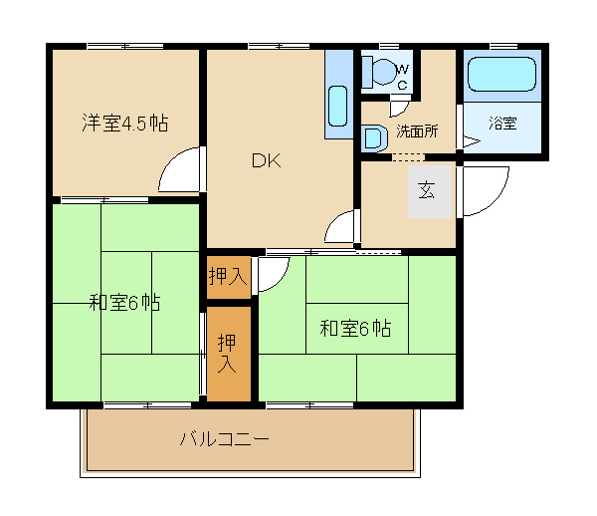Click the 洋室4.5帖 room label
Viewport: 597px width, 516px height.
pos(125,124)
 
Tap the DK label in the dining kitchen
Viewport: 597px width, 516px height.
pos(266,160)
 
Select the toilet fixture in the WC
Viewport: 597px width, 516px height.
pos(379,72)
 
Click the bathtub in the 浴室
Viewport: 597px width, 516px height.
pos(501,74)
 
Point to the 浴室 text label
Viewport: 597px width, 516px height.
pos(502,124)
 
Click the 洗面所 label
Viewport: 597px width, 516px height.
pos(417,131)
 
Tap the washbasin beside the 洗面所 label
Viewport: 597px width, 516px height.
pos(374,138)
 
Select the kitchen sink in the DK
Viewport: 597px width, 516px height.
pos(337,106)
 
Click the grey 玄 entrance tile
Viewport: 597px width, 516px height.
pos(430,191)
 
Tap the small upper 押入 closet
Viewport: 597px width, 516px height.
pos(229,277)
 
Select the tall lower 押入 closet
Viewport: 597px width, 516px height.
pos(229,354)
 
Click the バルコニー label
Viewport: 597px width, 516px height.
pos(224,439)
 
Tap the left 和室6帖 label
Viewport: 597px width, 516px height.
pos(124,303)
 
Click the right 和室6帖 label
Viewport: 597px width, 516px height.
pos(355,328)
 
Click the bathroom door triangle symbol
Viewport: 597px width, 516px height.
pos(471,141)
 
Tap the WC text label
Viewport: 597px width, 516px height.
pos(403,77)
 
